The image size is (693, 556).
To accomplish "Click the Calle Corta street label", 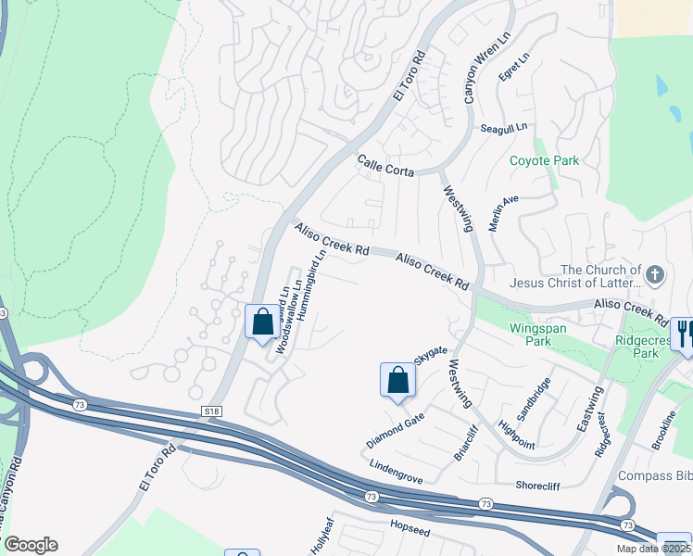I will (x=385, y=165).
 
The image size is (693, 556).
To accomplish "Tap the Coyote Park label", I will (x=544, y=160).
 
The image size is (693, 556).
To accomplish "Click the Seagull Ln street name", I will (x=504, y=128).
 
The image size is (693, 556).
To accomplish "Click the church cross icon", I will (x=655, y=275).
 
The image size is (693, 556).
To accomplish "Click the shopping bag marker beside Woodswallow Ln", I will (x=262, y=322).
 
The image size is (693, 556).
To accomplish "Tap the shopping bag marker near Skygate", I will (x=397, y=380).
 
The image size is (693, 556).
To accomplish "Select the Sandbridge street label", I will (x=535, y=399).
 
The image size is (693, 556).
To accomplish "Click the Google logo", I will (x=30, y=545).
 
